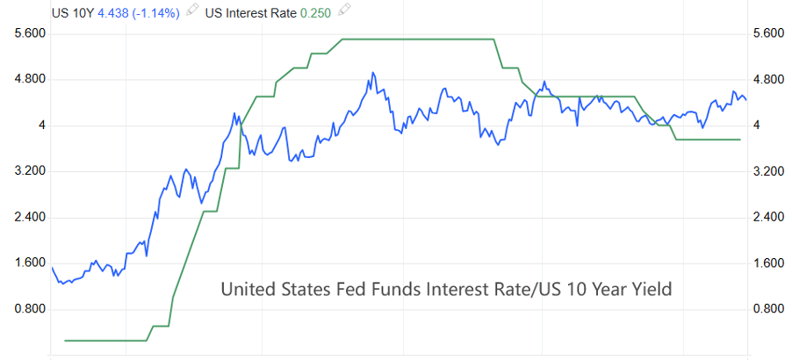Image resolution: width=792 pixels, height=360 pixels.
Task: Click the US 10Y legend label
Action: (73, 13)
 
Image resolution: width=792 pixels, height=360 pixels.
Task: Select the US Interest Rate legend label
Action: (250, 13)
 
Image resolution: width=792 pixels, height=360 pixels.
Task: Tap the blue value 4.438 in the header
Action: (113, 13)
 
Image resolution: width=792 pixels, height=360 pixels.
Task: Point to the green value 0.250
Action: (316, 13)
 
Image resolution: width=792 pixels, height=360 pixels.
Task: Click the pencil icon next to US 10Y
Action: (192, 11)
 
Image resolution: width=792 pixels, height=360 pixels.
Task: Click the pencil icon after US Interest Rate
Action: (344, 11)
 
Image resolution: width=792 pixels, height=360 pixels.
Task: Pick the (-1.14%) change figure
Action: (156, 13)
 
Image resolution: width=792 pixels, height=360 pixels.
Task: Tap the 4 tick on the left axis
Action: (42, 126)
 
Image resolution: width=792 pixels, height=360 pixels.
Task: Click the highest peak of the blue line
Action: (373, 72)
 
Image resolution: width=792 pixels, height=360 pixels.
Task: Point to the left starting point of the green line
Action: (65, 341)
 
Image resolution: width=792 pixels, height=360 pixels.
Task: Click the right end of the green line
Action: (740, 140)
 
